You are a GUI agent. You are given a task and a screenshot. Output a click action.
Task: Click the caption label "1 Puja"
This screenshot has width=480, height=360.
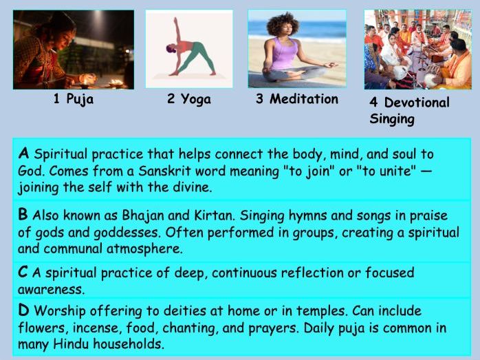pos(73,99)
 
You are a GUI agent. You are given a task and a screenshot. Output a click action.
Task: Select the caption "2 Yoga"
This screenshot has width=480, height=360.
pos(188,99)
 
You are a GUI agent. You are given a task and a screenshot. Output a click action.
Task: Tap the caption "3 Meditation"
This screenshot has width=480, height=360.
pos(297,99)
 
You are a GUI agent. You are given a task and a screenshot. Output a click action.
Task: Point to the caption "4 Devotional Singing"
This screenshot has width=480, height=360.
pos(409,110)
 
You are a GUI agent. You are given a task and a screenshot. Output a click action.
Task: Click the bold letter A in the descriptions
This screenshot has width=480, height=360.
pos(24,153)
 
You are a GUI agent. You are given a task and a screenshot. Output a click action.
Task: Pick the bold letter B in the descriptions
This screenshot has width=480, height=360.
pos(24,215)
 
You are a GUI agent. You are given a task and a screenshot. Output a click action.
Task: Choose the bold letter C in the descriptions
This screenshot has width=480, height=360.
pos(24,273)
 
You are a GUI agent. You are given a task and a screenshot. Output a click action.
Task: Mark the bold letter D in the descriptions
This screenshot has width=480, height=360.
pos(24,311)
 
